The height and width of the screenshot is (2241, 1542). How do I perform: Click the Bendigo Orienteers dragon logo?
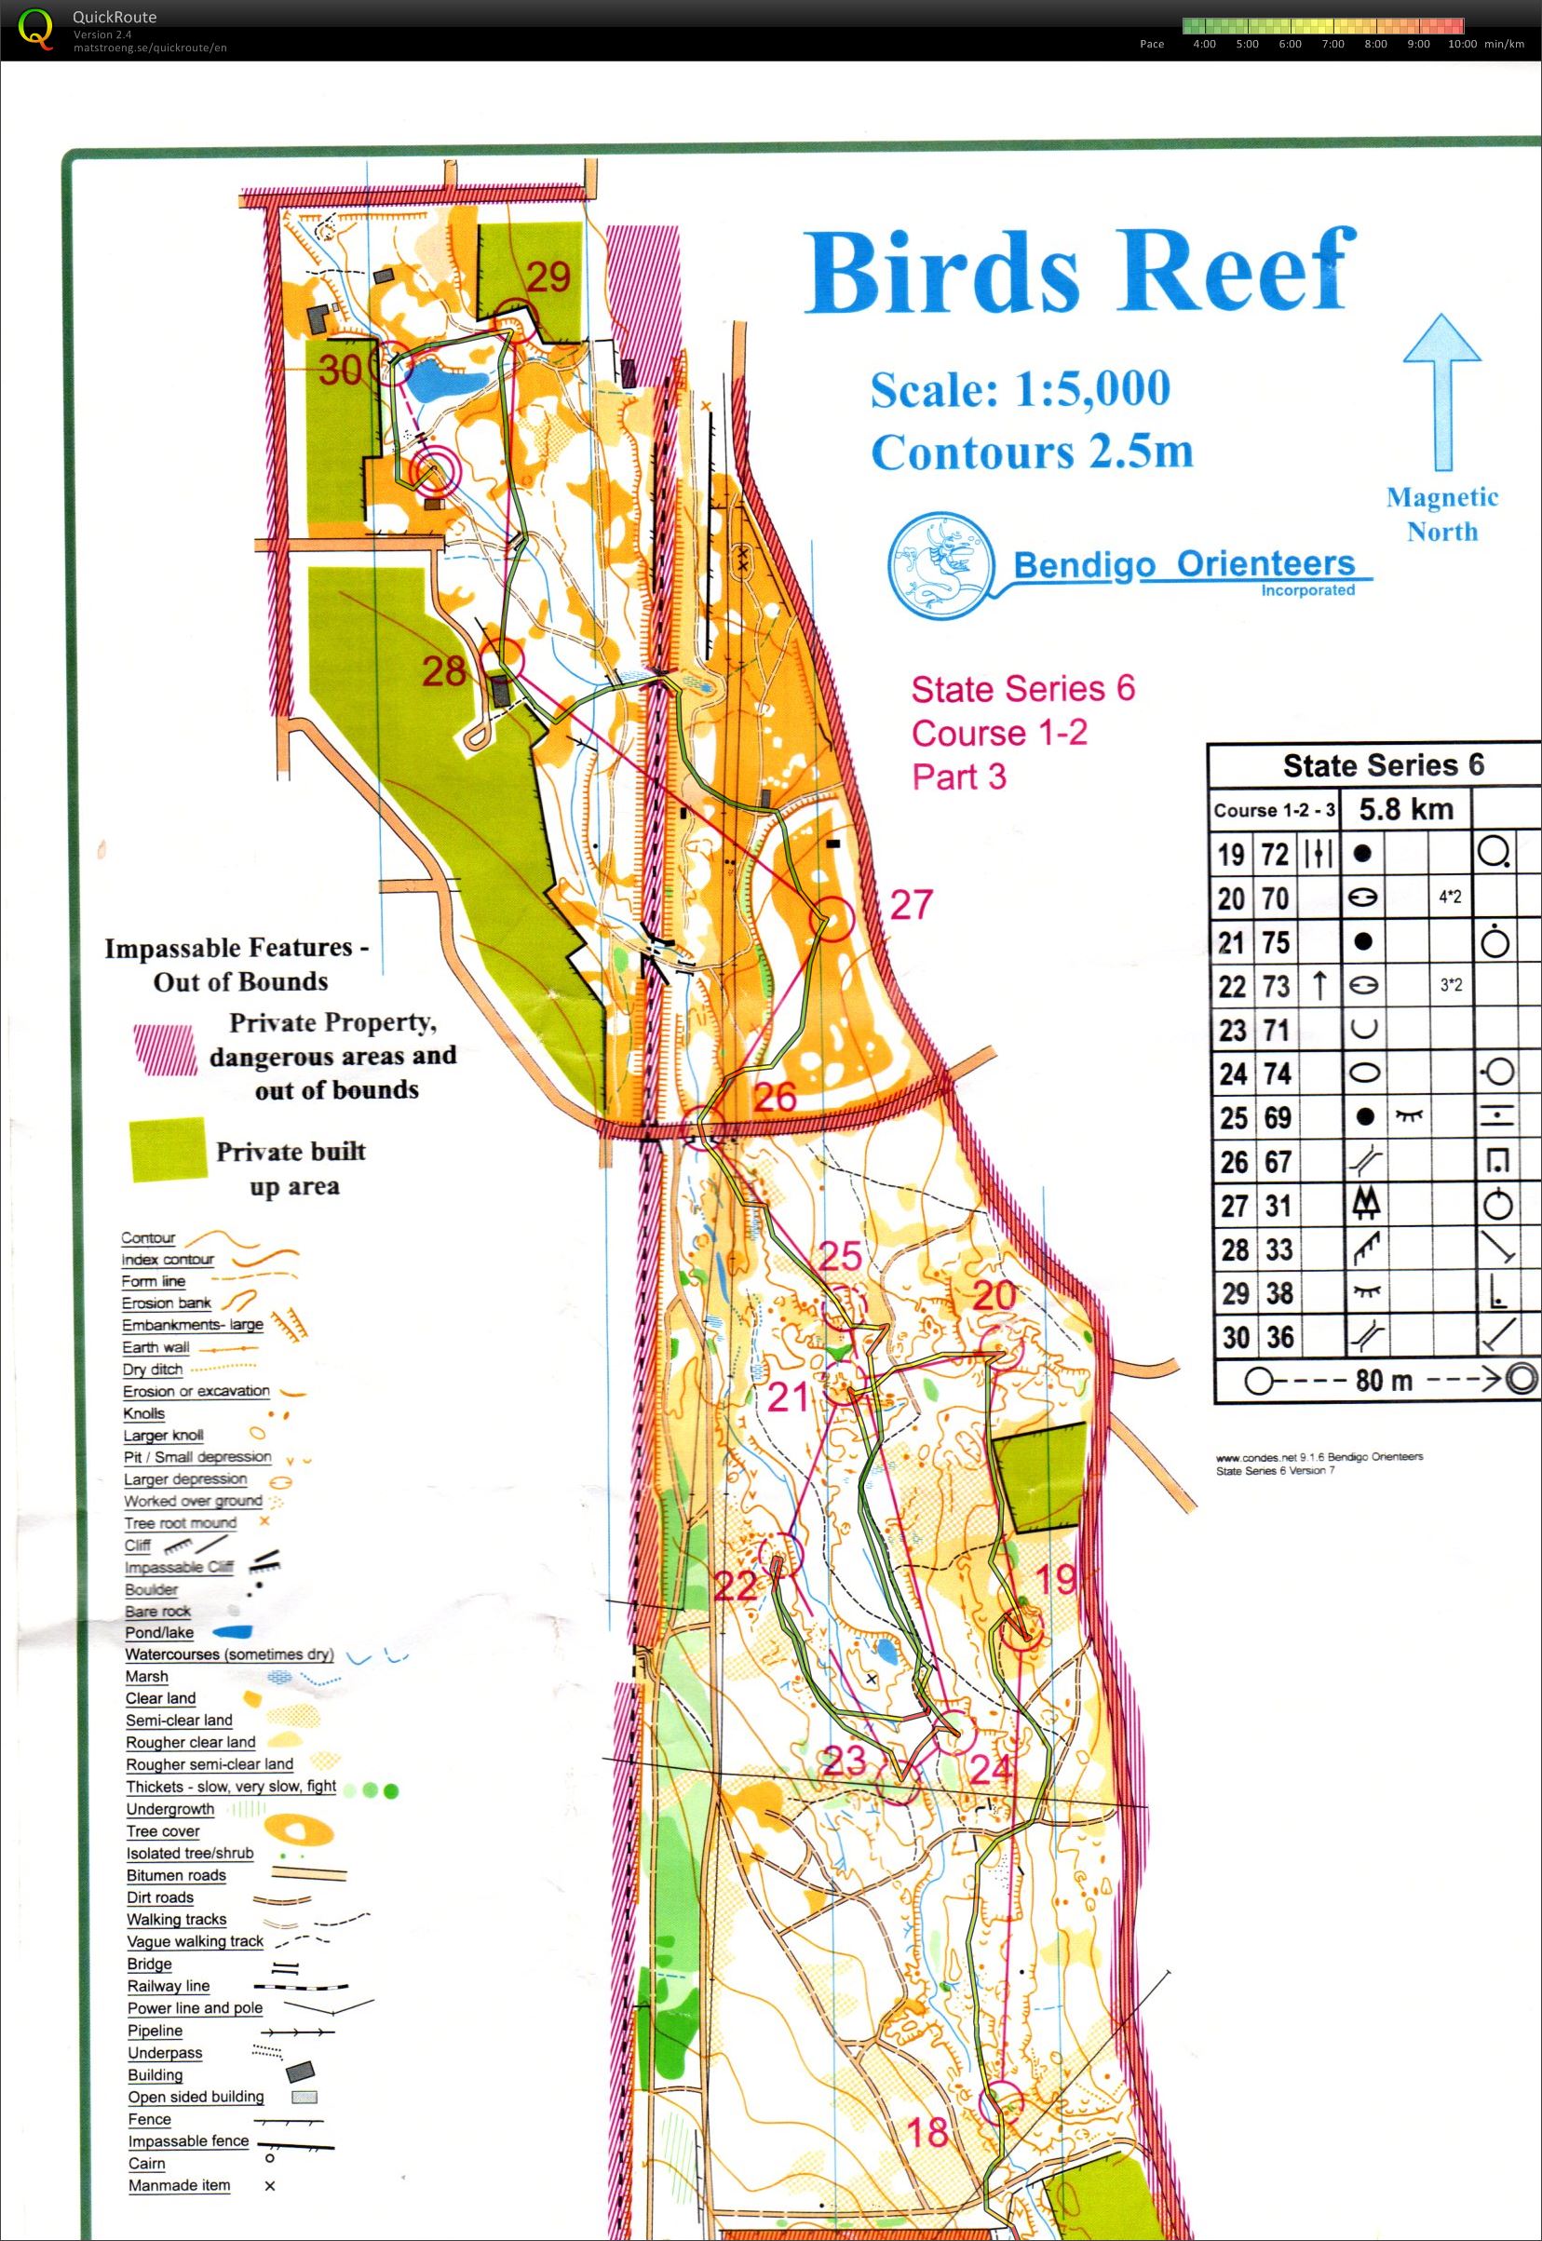[940, 565]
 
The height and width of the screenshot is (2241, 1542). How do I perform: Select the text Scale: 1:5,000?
[1020, 389]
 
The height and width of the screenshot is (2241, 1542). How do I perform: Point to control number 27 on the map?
[910, 905]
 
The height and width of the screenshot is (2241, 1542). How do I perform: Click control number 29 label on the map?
[548, 277]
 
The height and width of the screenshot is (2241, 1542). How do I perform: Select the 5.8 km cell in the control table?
[1406, 808]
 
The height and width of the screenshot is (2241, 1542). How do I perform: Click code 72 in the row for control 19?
[1276, 854]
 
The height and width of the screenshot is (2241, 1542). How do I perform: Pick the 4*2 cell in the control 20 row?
[1449, 898]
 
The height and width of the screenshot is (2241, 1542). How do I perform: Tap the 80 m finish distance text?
[1383, 1381]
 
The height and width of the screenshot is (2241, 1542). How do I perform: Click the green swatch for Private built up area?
[169, 1150]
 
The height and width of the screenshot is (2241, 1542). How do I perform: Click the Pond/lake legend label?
[159, 1632]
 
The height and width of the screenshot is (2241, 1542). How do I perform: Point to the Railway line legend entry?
[169, 1986]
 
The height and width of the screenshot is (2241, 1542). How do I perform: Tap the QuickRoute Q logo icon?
[35, 29]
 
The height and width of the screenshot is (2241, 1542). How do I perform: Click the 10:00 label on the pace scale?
[1462, 45]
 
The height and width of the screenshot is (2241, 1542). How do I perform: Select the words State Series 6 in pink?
[1022, 690]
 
